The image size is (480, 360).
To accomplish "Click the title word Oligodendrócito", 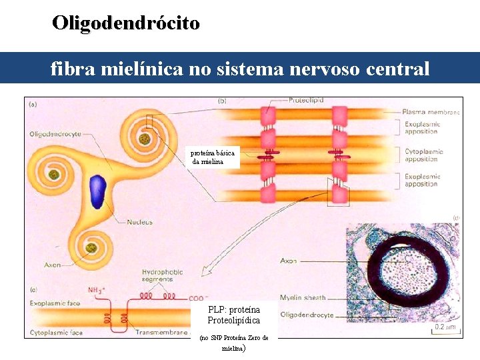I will point(126,23).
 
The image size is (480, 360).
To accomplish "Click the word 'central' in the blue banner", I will point(398,68).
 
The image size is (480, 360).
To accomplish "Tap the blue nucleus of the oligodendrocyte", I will point(99,189).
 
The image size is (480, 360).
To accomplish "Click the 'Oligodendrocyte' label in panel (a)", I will point(55,134).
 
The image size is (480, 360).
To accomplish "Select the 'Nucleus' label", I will point(141,222).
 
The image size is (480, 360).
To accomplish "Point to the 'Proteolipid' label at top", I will point(306,100).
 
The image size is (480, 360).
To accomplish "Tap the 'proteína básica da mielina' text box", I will point(213,158).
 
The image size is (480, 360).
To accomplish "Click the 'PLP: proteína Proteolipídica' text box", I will point(234,315).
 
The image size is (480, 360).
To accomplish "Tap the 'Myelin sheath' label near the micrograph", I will point(304,298).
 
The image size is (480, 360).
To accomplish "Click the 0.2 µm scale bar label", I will point(444,327).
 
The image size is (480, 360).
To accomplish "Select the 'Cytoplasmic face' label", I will point(56,331).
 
